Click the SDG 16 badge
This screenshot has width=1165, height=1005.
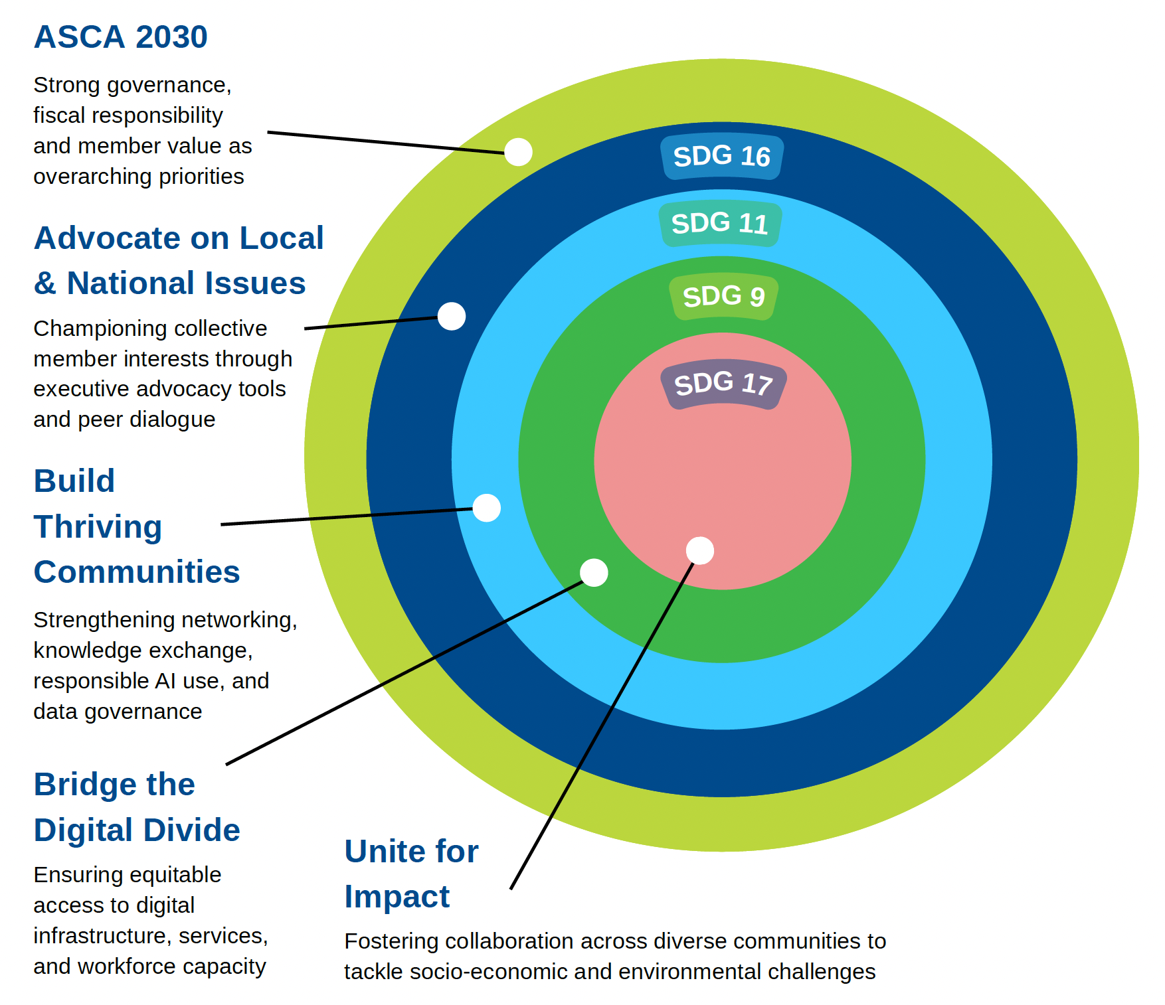(x=722, y=157)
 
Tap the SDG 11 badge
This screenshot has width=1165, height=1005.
(x=720, y=224)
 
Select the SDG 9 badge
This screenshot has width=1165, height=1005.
(x=723, y=296)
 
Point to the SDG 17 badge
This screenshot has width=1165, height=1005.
(x=723, y=384)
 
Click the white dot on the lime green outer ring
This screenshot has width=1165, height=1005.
(x=518, y=152)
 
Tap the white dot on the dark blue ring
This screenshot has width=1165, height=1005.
(x=452, y=316)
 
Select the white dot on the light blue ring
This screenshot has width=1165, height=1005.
(x=487, y=508)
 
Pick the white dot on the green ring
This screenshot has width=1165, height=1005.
(x=594, y=572)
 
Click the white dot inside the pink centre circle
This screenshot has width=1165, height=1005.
(x=700, y=550)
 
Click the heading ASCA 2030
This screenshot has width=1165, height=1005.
(x=120, y=37)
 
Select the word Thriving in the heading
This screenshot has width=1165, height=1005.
(x=98, y=527)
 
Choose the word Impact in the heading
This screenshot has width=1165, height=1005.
(x=397, y=897)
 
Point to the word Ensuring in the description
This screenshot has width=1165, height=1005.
(x=74, y=875)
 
